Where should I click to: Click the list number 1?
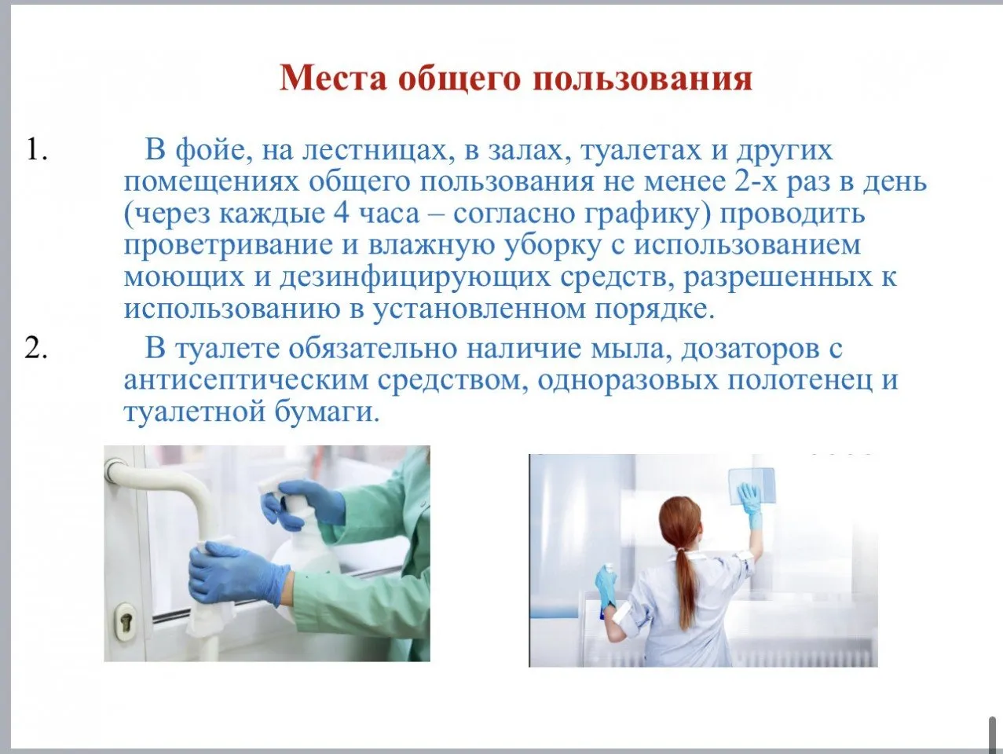(x=36, y=149)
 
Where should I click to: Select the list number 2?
(x=35, y=349)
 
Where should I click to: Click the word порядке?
(x=654, y=309)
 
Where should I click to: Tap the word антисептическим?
(x=246, y=381)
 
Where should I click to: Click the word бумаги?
(x=328, y=412)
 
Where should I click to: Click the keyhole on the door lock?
(x=125, y=620)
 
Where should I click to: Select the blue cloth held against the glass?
(x=751, y=485)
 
